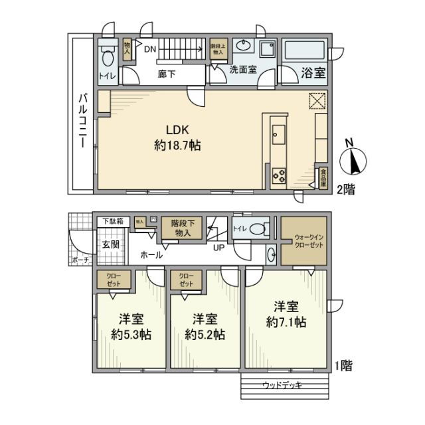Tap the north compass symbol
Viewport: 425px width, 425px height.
353,159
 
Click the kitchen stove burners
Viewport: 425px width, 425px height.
279,176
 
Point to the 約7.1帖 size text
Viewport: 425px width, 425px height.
286,323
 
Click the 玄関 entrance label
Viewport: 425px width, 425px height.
110,244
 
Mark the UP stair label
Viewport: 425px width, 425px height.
217,248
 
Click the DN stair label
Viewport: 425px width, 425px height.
150,49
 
